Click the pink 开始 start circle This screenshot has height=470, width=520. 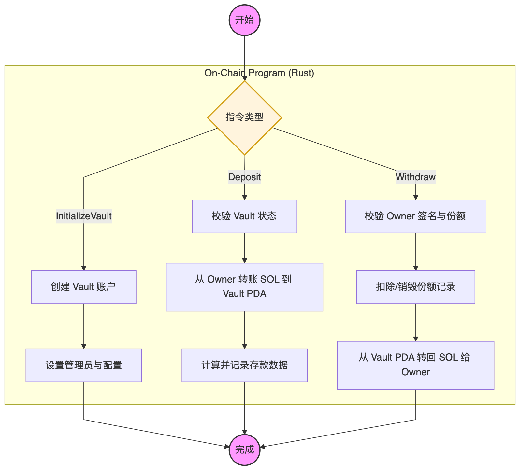pyautogui.click(x=244, y=20)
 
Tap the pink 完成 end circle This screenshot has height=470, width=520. pyautogui.click(x=244, y=450)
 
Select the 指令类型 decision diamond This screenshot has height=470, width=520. pyautogui.click(x=244, y=117)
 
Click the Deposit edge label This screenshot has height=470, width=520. pyautogui.click(x=244, y=177)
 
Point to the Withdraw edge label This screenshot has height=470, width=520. pyautogui.click(x=415, y=177)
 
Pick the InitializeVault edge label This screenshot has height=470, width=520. pyautogui.click(x=84, y=216)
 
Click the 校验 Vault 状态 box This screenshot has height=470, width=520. pyautogui.click(x=244, y=216)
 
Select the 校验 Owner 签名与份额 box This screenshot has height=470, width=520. pyautogui.click(x=415, y=216)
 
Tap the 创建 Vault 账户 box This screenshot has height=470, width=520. pyautogui.click(x=84, y=287)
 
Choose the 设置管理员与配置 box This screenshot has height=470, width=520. pyautogui.click(x=84, y=365)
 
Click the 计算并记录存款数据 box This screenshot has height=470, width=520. pyautogui.click(x=244, y=365)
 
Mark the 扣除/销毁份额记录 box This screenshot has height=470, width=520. pyautogui.click(x=415, y=287)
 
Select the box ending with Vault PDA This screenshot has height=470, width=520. pyautogui.click(x=244, y=287)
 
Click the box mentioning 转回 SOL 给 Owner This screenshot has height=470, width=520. pyautogui.click(x=415, y=365)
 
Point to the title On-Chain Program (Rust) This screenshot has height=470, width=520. pyautogui.click(x=259, y=73)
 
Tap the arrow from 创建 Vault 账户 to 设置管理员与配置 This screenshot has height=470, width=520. pyautogui.click(x=84, y=326)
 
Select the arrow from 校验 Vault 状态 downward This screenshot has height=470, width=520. pyautogui.click(x=244, y=248)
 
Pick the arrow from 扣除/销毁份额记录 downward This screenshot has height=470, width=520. pyautogui.click(x=415, y=322)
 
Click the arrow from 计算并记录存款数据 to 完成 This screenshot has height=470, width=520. pyautogui.click(x=244, y=408)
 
